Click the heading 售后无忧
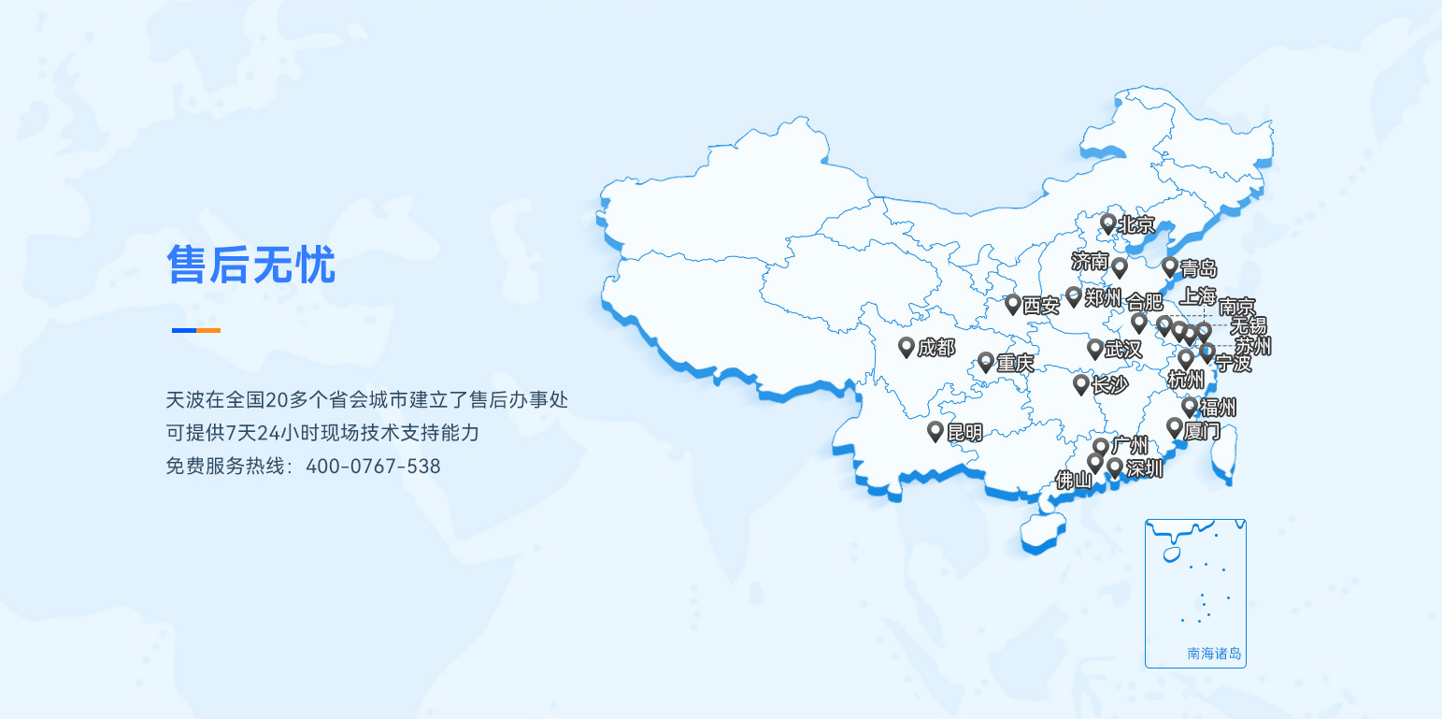[250, 266]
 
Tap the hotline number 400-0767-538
[373, 466]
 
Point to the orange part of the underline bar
[208, 330]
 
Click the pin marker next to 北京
[1107, 223]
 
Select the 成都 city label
[935, 349]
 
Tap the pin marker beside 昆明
[935, 430]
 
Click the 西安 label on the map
[1040, 305]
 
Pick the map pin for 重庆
[985, 361]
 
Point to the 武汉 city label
[1122, 350]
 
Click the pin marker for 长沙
[1080, 383]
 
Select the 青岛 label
[1198, 269]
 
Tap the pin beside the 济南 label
[1120, 267]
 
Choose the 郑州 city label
[1103, 298]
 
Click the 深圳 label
[1144, 468]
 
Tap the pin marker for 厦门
[1175, 427]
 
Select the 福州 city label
[1218, 407]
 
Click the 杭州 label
[1186, 380]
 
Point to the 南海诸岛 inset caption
[1214, 654]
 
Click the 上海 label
[1197, 296]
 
